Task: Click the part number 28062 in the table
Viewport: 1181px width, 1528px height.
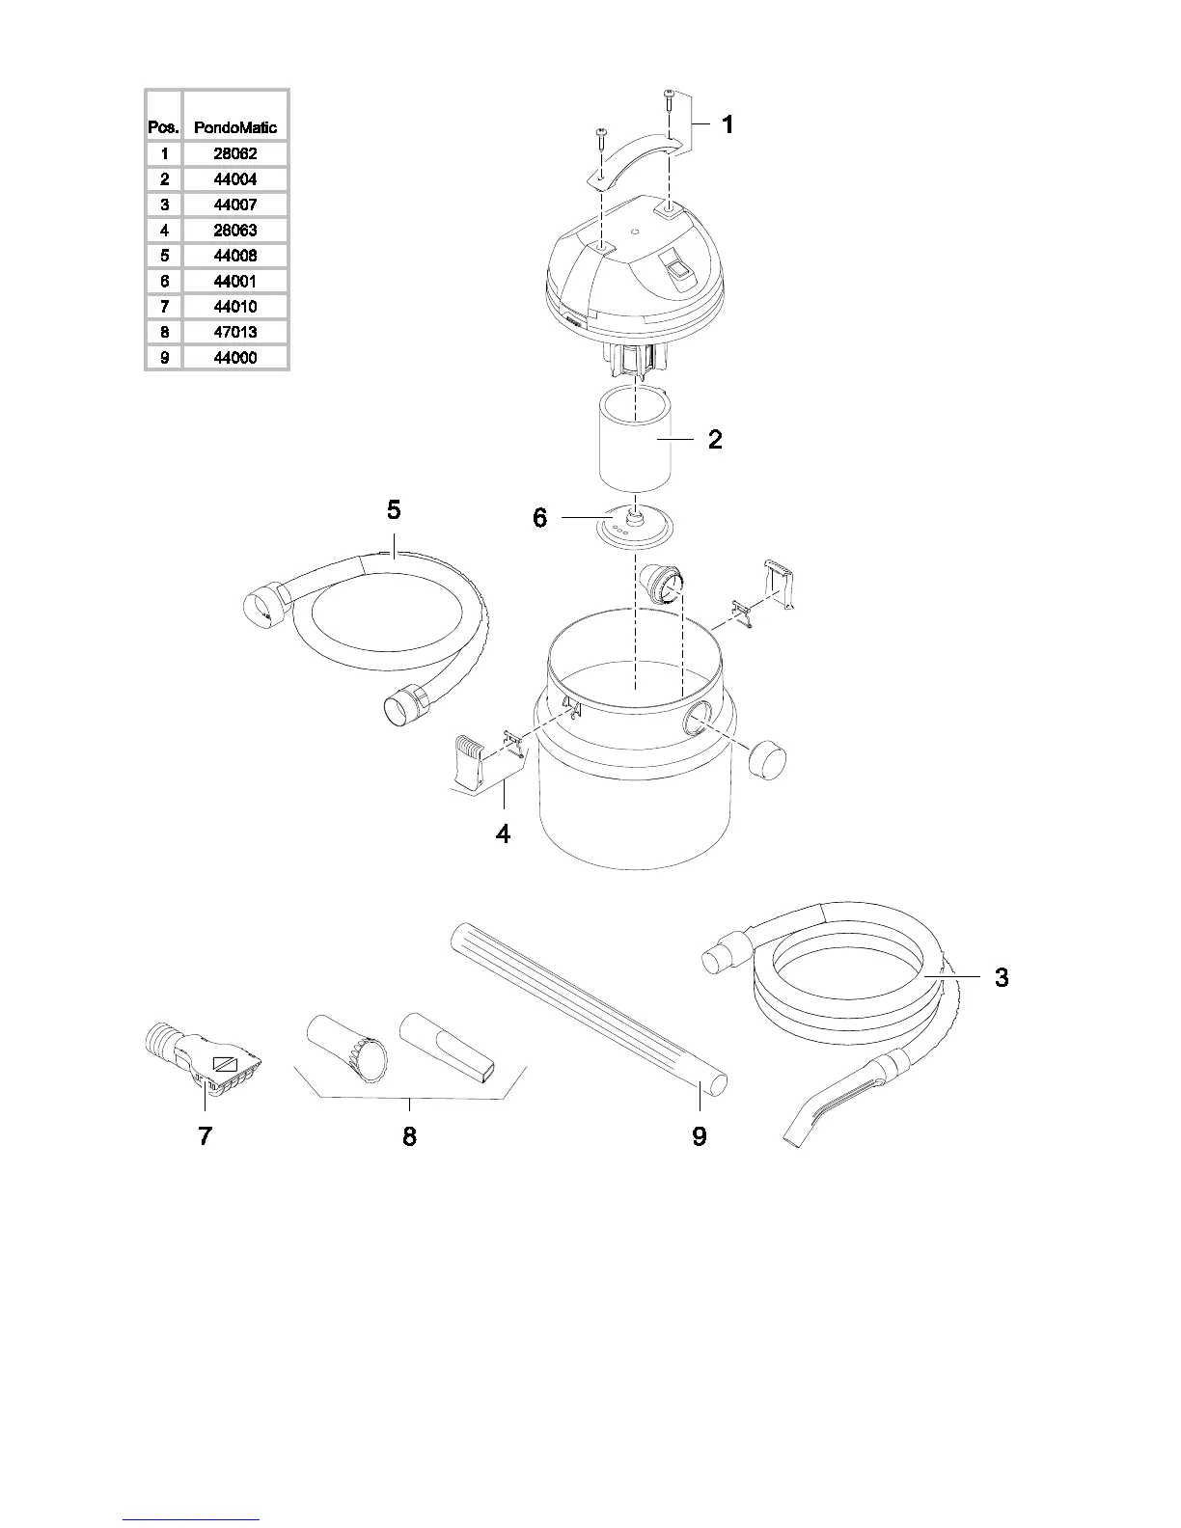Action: [x=234, y=153]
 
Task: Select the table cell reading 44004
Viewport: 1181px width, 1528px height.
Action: [x=234, y=178]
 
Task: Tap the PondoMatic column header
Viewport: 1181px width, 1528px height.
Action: [x=234, y=126]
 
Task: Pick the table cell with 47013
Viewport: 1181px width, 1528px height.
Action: [x=234, y=332]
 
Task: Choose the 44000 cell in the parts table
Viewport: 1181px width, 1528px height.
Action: [x=234, y=357]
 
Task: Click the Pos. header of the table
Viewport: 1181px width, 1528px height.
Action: [x=163, y=126]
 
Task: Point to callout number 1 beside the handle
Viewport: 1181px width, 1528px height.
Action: [x=728, y=124]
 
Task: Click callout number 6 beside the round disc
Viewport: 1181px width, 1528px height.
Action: [x=540, y=518]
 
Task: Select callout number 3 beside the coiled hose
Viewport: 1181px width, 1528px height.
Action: [x=1002, y=977]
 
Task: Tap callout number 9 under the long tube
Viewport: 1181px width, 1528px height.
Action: [x=700, y=1136]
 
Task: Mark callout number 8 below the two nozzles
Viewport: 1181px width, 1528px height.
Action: [x=410, y=1136]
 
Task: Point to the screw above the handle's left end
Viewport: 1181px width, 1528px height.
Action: [x=599, y=137]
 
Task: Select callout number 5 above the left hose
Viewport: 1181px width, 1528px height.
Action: [x=394, y=509]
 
